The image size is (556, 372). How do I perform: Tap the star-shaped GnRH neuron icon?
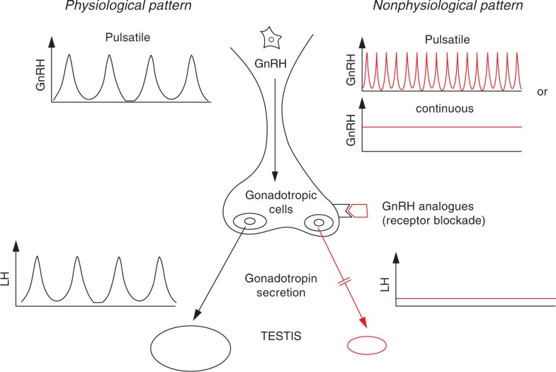tap(271, 37)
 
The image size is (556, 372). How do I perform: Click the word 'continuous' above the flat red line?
tap(443, 110)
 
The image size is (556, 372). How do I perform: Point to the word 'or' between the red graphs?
tap(542, 92)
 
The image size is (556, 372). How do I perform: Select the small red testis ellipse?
tap(366, 344)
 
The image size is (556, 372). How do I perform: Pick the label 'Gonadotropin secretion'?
tap(278, 281)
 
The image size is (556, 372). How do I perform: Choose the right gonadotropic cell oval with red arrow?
tap(319, 222)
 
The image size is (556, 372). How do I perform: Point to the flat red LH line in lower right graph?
tap(475, 298)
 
